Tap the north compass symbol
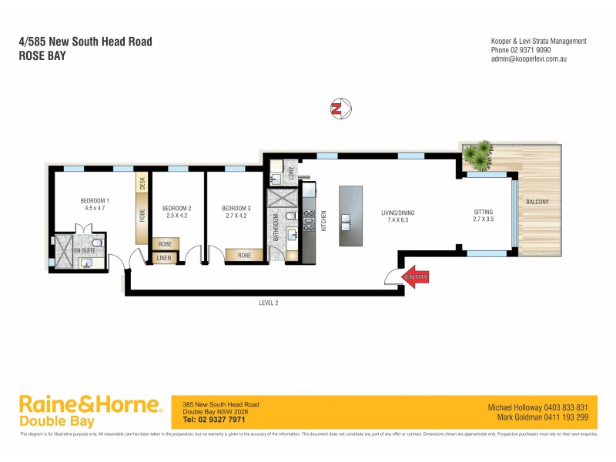point(336,109)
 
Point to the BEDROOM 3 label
point(236,209)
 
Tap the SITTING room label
point(483,213)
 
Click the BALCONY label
point(537,203)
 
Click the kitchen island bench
point(350,215)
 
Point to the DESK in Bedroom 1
point(142,183)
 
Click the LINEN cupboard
point(163,258)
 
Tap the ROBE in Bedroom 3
point(244,255)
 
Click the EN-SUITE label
point(84,251)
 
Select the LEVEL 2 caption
point(268,303)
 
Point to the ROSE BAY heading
point(43,55)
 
